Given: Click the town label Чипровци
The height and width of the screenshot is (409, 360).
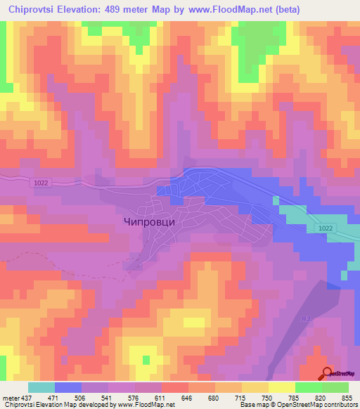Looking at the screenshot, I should (x=145, y=220).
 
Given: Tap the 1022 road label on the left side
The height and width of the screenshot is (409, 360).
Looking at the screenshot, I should (x=41, y=183).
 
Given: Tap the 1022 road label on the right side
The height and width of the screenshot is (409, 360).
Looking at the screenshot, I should (x=324, y=228).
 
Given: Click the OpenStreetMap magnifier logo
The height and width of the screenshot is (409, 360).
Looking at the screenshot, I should (x=328, y=373).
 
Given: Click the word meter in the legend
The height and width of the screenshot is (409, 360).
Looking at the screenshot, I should (x=10, y=397).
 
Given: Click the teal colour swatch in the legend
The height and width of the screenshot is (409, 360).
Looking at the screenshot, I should (x=41, y=387).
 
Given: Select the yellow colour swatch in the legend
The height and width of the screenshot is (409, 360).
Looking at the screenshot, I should (x=282, y=387).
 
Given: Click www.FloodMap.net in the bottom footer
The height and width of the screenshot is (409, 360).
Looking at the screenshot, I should (x=143, y=405).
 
